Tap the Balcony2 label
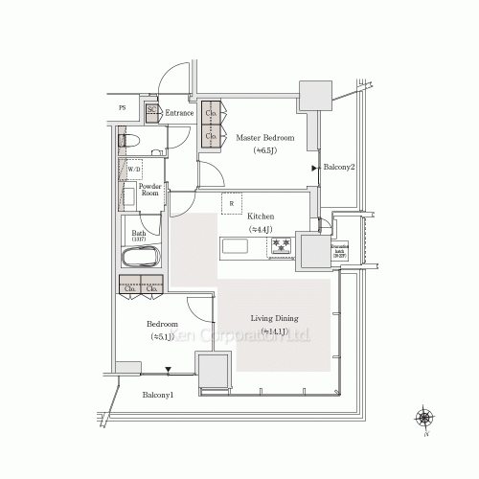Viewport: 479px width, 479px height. (339, 168)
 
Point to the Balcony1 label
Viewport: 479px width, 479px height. (158, 395)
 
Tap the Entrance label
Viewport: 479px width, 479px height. (180, 114)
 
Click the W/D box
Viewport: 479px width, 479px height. (135, 170)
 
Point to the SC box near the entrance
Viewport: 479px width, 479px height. (152, 112)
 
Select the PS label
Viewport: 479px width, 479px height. (122, 108)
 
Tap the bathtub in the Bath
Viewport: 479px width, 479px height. (141, 260)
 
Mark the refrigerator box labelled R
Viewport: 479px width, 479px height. (231, 204)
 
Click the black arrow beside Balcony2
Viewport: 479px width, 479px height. (314, 168)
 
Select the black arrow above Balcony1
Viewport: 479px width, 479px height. (143, 370)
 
